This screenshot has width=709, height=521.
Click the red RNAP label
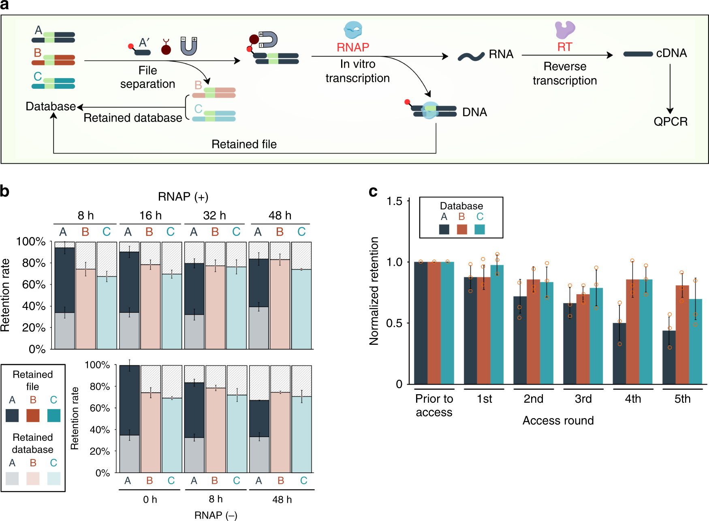[x=352, y=47]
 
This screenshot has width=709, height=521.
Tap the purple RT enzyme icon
[x=564, y=29]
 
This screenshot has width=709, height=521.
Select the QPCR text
[x=671, y=122]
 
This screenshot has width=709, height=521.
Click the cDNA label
[x=671, y=53]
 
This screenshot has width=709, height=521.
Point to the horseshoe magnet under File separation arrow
[x=189, y=46]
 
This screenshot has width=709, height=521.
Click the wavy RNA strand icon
[x=471, y=56]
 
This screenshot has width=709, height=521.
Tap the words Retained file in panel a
[x=244, y=144]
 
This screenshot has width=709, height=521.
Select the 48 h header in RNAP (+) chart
[x=280, y=216]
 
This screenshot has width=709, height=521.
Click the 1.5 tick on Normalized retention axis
[x=394, y=201]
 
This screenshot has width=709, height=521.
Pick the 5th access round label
[x=682, y=399]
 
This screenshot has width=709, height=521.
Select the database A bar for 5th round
[x=669, y=357]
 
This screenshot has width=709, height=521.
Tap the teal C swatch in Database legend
[x=480, y=229]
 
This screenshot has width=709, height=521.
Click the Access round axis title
[x=558, y=421]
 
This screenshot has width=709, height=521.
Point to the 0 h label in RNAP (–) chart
[x=150, y=500]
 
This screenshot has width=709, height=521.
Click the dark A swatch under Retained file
[x=12, y=416]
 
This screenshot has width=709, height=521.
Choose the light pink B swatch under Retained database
[x=33, y=478]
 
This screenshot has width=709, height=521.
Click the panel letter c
[x=373, y=191]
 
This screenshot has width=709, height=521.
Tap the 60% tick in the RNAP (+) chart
[x=34, y=284]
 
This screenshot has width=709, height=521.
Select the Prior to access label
[x=434, y=406]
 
